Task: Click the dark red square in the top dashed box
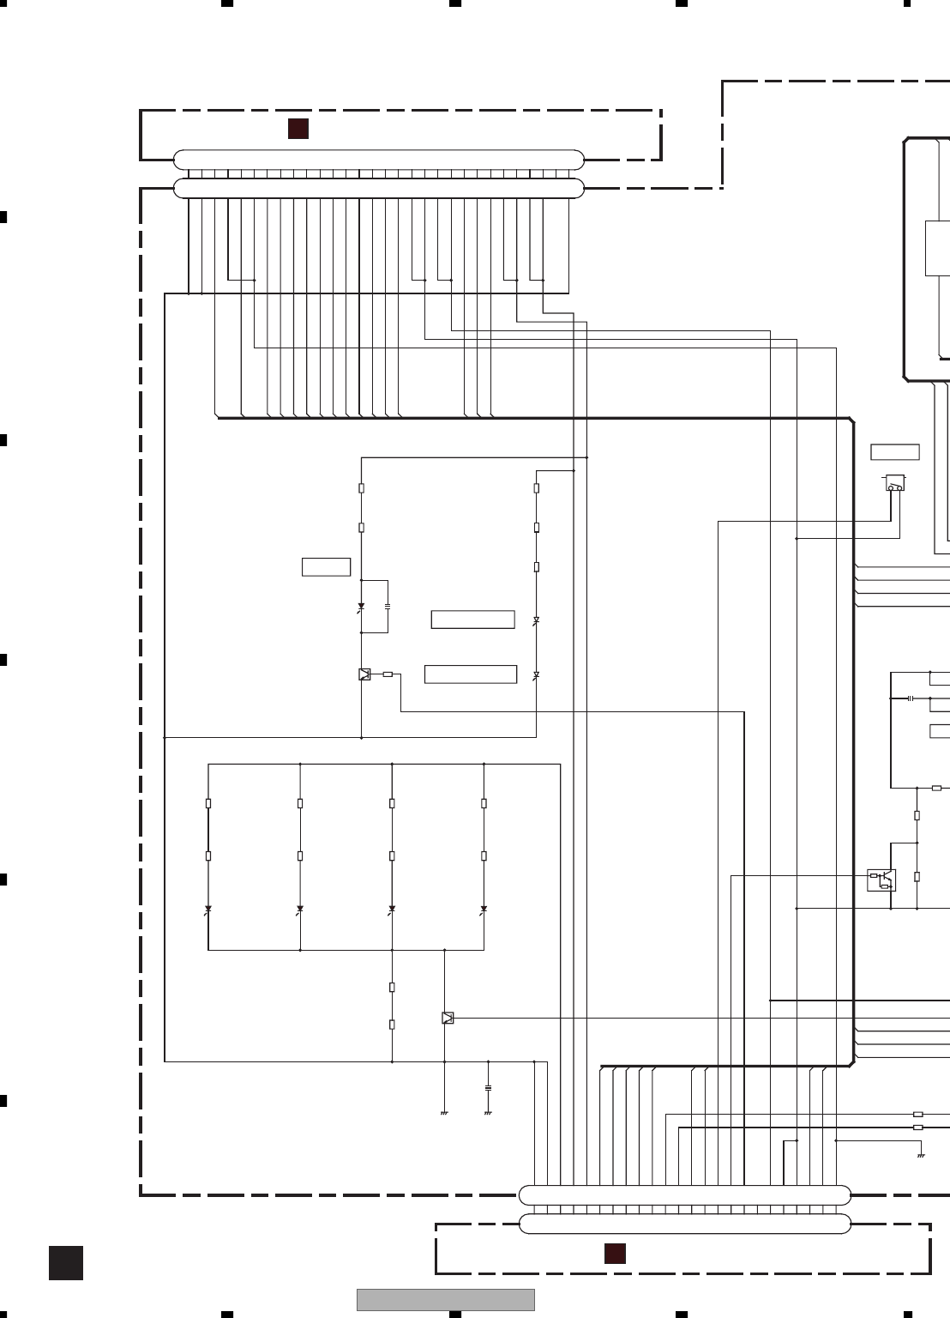(298, 129)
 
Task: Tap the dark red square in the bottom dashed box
(615, 1253)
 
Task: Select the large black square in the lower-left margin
(66, 1263)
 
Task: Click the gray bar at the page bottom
(445, 1299)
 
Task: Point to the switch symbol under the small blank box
(894, 484)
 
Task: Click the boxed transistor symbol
(881, 880)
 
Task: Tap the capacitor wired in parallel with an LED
(388, 606)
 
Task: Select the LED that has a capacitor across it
(361, 607)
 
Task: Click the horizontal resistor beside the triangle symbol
(388, 674)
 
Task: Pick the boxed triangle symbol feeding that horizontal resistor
(364, 674)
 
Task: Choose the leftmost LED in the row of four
(208, 909)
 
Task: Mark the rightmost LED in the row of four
(484, 909)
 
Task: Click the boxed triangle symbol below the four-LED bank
(448, 1018)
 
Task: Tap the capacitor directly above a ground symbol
(488, 1087)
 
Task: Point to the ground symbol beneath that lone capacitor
(488, 1113)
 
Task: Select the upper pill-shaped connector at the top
(378, 160)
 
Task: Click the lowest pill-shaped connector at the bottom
(685, 1224)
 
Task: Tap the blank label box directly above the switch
(894, 452)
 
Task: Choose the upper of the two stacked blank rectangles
(472, 620)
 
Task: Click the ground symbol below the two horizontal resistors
(921, 1155)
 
